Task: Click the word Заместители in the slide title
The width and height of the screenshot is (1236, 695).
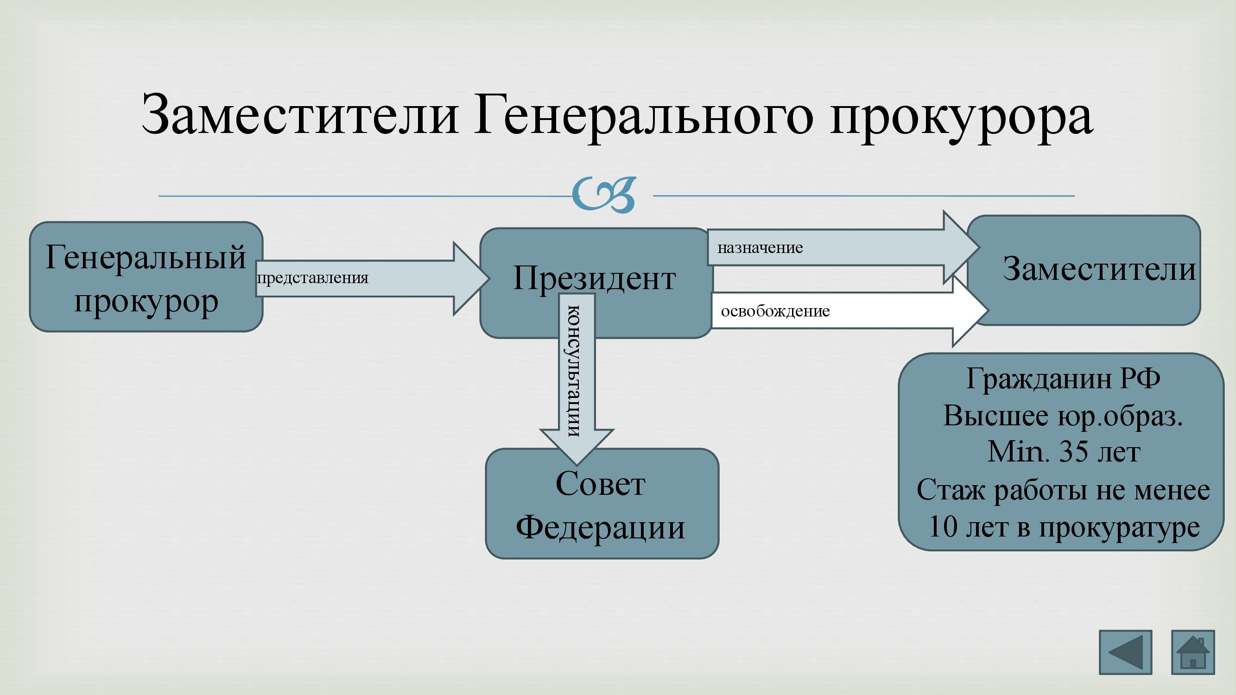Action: click(x=300, y=114)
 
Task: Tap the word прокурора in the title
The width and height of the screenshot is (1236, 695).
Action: click(x=962, y=118)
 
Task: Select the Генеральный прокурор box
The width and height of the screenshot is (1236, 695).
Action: click(x=146, y=277)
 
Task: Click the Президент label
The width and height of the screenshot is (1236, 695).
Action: click(x=595, y=278)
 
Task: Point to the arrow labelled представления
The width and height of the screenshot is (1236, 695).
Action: click(x=372, y=278)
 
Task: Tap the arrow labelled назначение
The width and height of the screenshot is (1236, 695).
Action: click(x=843, y=247)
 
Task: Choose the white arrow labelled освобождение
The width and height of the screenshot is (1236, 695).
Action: click(x=849, y=311)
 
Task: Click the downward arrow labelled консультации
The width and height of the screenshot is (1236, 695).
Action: click(x=577, y=379)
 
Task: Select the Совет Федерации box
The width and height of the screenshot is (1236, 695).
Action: click(x=602, y=504)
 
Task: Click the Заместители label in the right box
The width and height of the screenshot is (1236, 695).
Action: click(x=1099, y=269)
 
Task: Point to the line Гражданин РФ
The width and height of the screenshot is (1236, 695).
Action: click(x=1063, y=379)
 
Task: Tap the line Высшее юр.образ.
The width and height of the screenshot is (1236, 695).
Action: click(x=1063, y=416)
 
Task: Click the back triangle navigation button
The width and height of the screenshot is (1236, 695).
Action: click(x=1125, y=652)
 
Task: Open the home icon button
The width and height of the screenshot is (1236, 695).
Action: click(x=1193, y=652)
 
